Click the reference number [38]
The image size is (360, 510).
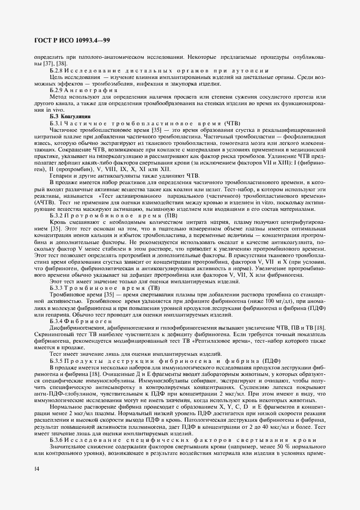pyautogui.click(x=52, y=64)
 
